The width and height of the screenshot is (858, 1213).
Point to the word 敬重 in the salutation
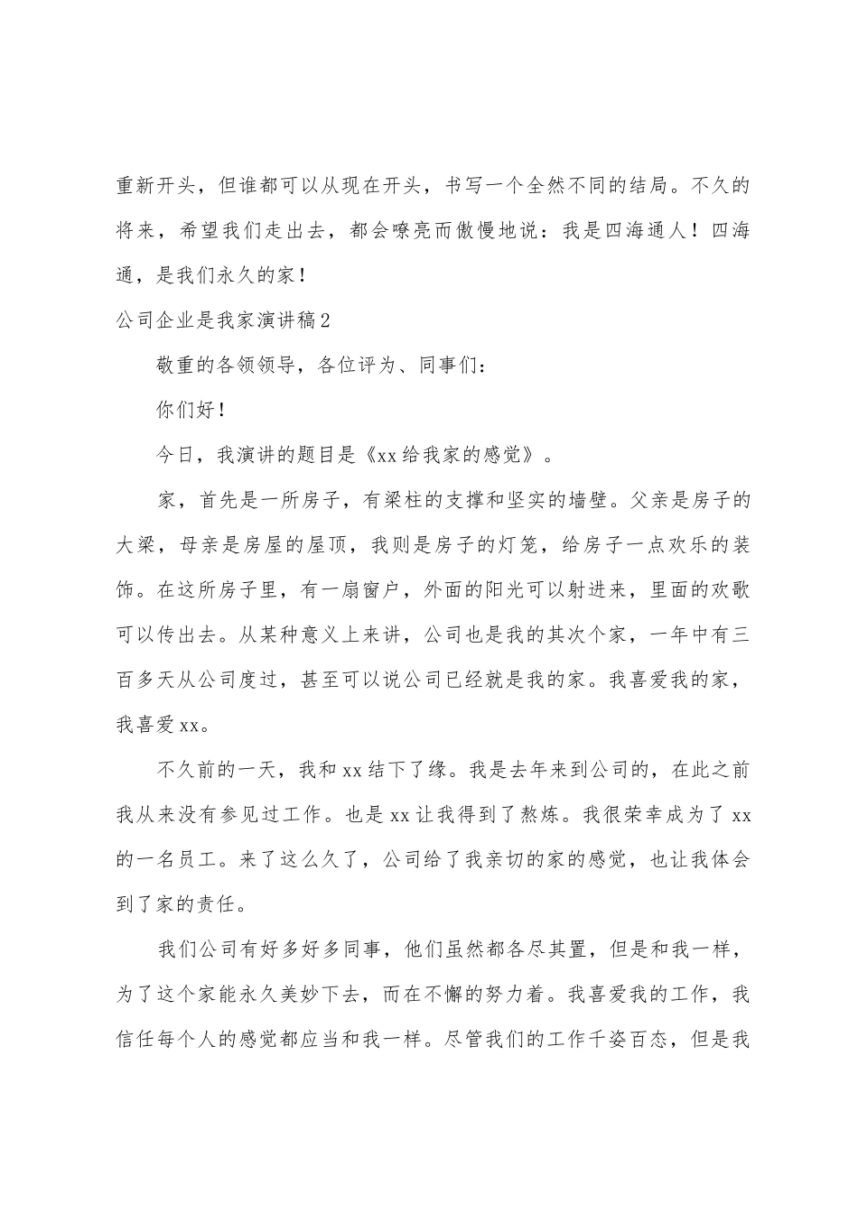178,365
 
